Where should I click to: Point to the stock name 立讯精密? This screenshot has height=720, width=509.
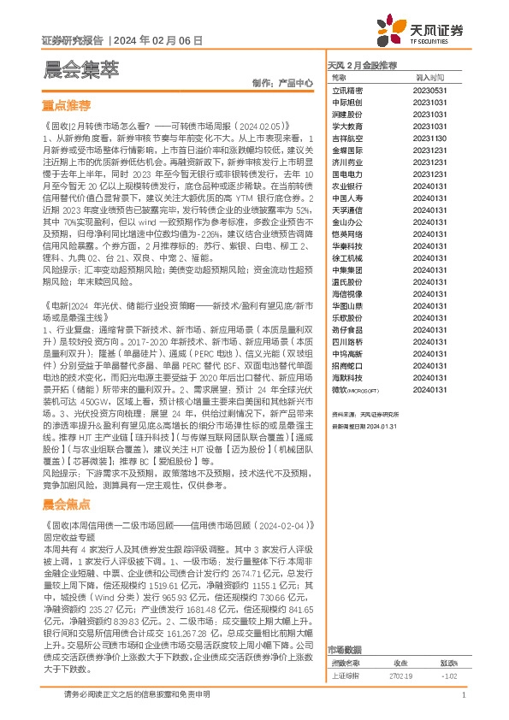[x=346, y=89]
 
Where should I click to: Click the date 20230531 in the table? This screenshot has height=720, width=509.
[x=426, y=89]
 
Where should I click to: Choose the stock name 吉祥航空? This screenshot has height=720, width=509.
[x=346, y=137]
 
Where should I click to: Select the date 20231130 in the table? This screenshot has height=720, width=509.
[x=426, y=137]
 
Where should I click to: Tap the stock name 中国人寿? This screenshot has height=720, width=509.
[x=346, y=197]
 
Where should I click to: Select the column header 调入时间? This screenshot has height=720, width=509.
[x=426, y=77]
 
